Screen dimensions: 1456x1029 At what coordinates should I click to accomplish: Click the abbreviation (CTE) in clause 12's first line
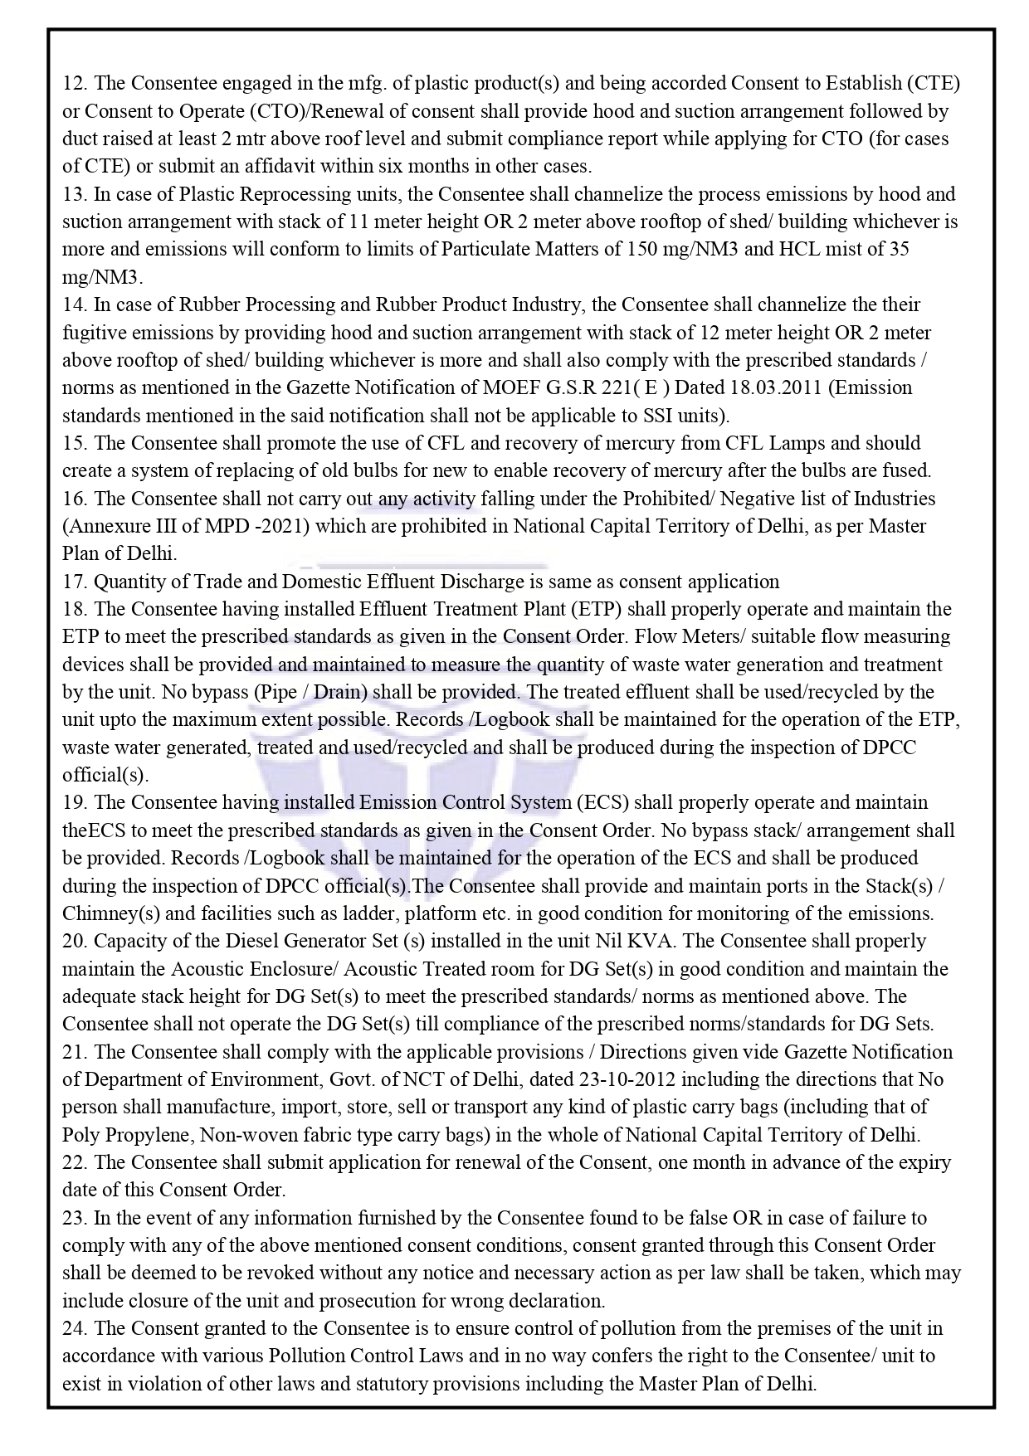coord(934,83)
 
